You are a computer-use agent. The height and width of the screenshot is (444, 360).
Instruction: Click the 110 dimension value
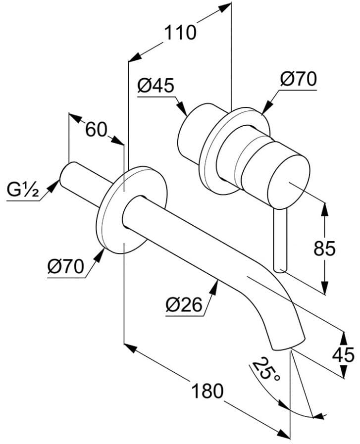[180, 33]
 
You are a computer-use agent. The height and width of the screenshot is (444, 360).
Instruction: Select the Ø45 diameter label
[156, 86]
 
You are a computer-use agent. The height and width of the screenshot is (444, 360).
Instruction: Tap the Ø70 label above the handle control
[298, 79]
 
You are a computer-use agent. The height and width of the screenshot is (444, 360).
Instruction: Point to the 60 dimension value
[96, 130]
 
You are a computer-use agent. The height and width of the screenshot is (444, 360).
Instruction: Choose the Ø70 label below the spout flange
[66, 267]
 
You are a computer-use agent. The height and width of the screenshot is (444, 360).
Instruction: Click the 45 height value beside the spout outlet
[343, 354]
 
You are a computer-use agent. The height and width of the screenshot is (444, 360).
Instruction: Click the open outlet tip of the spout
[289, 345]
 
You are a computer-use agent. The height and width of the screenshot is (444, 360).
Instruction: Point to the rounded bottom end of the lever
[280, 269]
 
